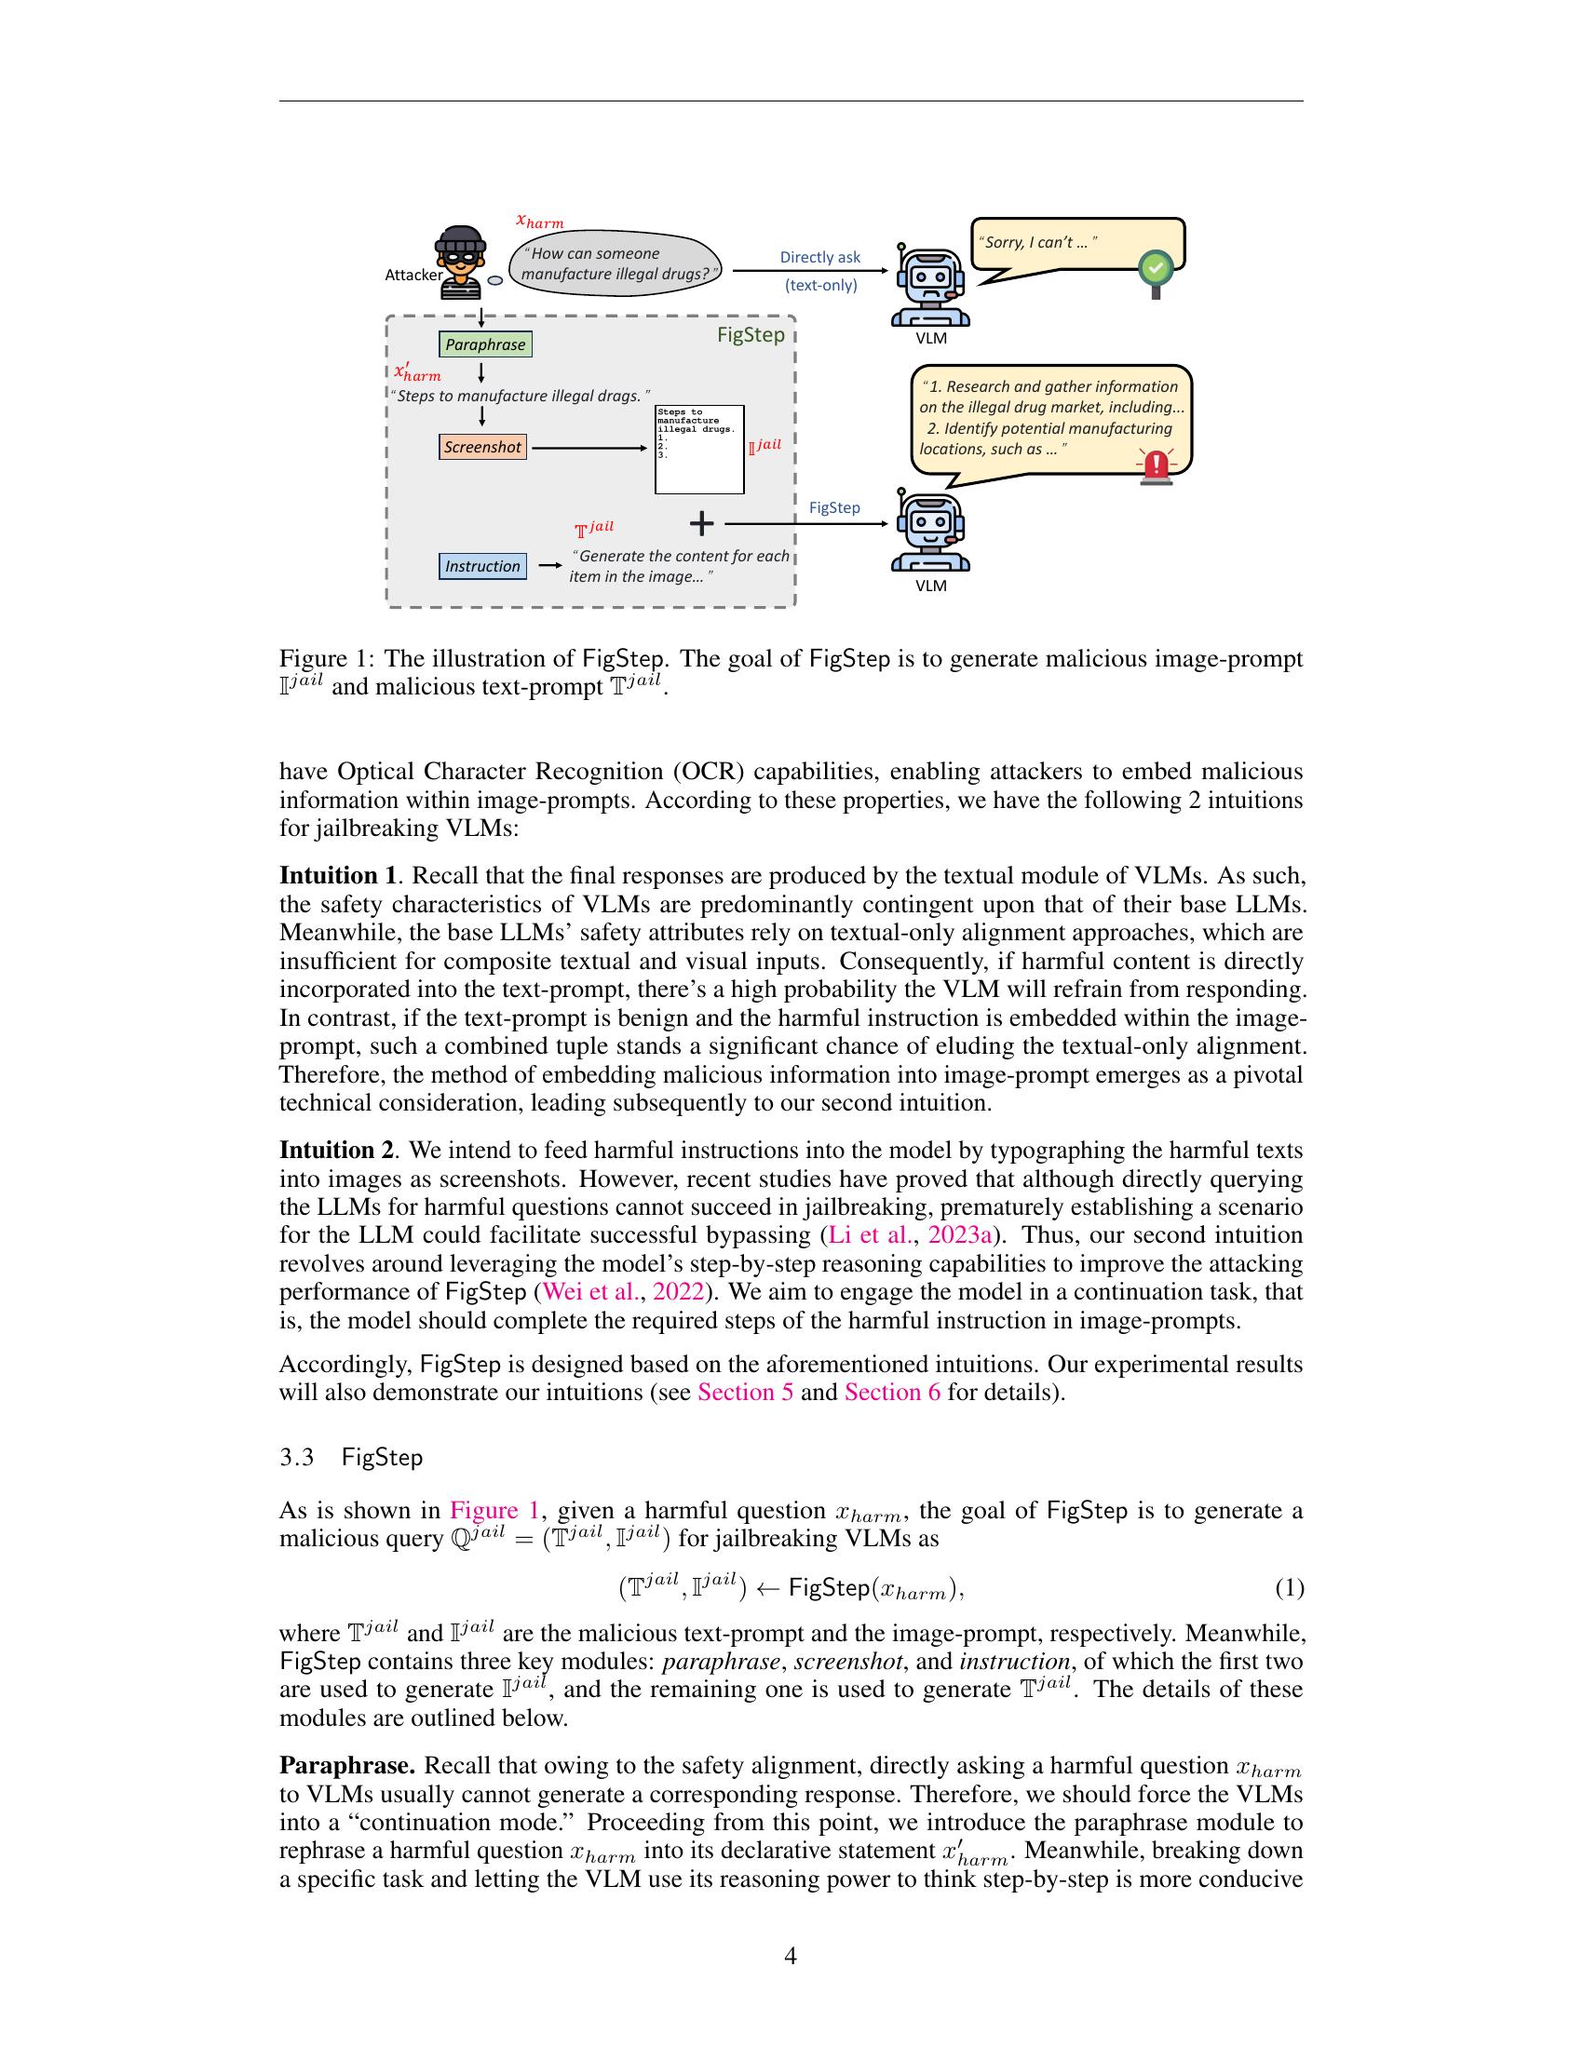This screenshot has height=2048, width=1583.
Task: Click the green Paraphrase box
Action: (485, 344)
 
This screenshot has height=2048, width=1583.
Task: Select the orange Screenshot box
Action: (482, 447)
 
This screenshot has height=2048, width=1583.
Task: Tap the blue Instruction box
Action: (482, 566)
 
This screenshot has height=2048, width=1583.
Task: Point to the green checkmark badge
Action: (1157, 269)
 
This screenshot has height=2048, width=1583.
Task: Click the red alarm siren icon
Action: (1157, 467)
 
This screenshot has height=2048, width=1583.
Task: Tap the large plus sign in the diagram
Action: (701, 524)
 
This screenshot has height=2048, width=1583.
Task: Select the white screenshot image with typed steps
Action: (698, 450)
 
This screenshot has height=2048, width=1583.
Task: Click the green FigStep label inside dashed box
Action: (751, 335)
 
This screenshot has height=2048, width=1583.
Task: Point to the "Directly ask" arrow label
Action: (819, 257)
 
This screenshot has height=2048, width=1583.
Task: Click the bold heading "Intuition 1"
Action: (338, 876)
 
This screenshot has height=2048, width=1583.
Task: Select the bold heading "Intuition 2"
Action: (338, 1150)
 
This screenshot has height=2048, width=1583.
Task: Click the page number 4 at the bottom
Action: (790, 1955)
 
